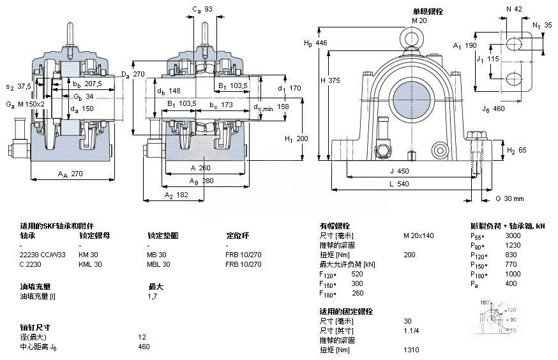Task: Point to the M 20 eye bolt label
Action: click(419, 20)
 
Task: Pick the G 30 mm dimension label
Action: click(509, 199)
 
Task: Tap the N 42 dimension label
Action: click(515, 8)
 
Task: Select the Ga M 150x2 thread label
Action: click(26, 103)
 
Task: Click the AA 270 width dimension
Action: click(71, 174)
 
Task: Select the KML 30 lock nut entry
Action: click(90, 264)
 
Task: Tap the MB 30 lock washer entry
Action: click(157, 255)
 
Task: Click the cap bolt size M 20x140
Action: click(418, 236)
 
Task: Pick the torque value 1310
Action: click(411, 350)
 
